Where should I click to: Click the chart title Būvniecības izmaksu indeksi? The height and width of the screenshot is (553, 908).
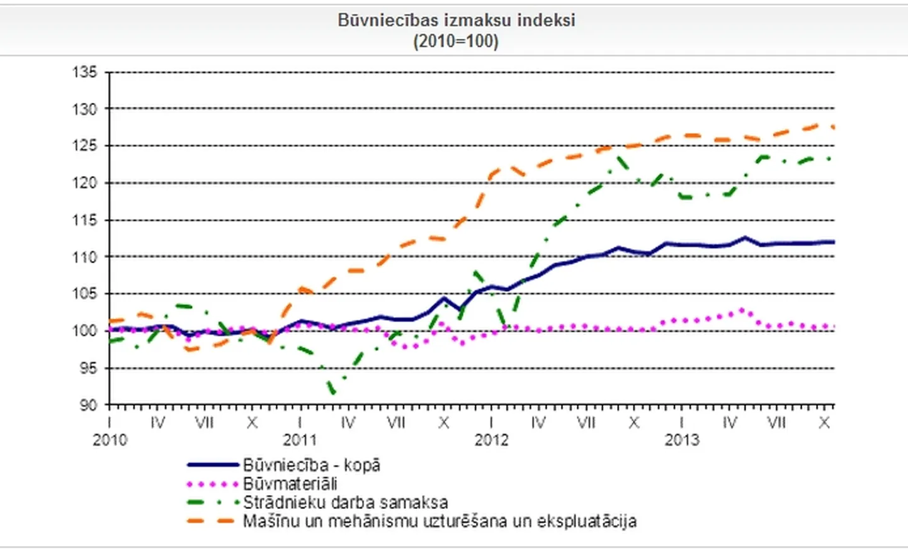pos(456,20)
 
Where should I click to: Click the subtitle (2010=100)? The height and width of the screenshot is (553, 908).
pos(456,42)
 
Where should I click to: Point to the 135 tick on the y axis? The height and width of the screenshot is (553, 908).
pos(84,72)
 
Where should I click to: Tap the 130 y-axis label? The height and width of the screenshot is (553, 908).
pos(84,109)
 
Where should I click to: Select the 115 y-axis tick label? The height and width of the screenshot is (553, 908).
pos(84,220)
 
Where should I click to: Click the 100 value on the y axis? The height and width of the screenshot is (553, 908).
pos(84,331)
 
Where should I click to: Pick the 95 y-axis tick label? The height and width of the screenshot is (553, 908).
pos(88,368)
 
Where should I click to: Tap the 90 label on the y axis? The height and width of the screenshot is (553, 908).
pos(88,405)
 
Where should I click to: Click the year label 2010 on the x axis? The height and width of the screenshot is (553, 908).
pos(110,440)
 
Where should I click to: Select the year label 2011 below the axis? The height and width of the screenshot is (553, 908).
pos(300,440)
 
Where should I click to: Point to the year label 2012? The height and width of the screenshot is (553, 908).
pos(491,440)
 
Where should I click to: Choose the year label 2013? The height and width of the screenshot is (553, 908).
pos(682,440)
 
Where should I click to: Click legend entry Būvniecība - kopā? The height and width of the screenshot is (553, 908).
pos(312,466)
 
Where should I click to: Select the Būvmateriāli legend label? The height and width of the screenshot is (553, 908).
pos(290,484)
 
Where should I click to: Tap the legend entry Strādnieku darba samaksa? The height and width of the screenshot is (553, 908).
pos(345,503)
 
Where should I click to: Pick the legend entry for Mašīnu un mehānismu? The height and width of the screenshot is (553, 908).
pos(440,522)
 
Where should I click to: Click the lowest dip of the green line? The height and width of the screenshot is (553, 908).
pos(333,392)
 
